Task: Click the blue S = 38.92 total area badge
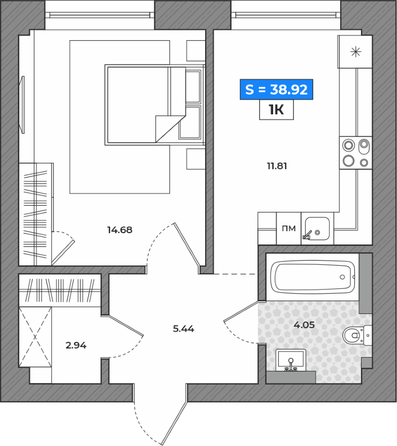click(x=276, y=89)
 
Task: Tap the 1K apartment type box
click(x=276, y=110)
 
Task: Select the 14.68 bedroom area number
click(x=120, y=230)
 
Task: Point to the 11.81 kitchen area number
click(x=277, y=166)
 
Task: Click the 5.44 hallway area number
click(x=184, y=329)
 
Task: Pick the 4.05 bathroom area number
click(x=304, y=325)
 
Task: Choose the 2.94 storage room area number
click(x=76, y=345)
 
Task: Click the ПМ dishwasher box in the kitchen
click(x=289, y=229)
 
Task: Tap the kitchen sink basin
click(x=317, y=229)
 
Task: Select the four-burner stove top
click(x=356, y=152)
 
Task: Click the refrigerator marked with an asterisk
click(x=355, y=52)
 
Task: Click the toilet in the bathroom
click(x=357, y=335)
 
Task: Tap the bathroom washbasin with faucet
click(x=291, y=360)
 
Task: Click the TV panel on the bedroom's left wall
click(x=22, y=105)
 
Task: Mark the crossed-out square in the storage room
click(x=35, y=337)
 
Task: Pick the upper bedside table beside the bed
click(x=196, y=51)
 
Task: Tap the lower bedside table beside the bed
click(x=196, y=159)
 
